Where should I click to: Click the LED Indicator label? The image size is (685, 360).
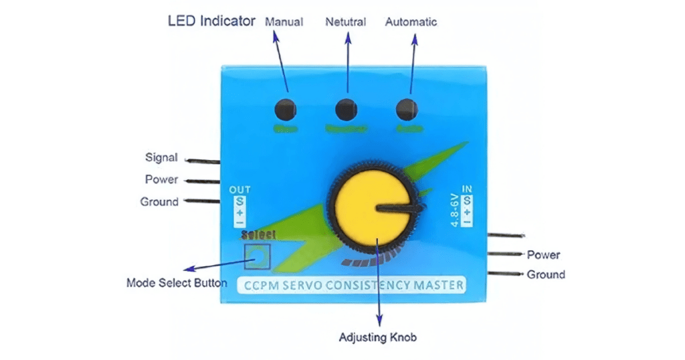[211, 21]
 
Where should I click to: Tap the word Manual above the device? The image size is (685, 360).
[284, 21]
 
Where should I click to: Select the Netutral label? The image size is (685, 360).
[345, 21]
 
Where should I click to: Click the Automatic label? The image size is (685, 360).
[411, 21]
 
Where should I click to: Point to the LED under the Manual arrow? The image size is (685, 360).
[286, 108]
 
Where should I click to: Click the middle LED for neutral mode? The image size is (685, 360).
[346, 108]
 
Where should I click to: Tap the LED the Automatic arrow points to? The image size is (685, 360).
[407, 108]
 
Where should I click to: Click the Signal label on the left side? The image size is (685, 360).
[161, 158]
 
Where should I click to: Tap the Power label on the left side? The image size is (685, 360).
[161, 179]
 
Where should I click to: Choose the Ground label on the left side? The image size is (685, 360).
[159, 201]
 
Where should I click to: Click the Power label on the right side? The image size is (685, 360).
[543, 255]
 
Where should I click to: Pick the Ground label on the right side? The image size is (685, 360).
[546, 274]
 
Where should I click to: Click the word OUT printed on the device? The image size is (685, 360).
[239, 190]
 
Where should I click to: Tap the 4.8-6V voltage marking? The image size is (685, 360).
[455, 209]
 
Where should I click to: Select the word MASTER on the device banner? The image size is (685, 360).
[438, 284]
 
